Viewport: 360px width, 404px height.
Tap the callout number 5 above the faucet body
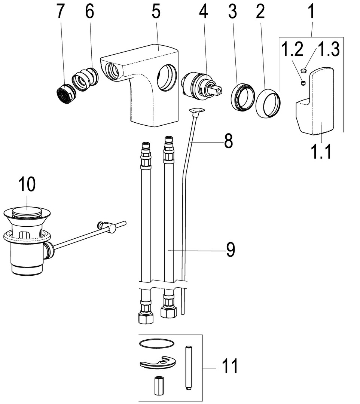pos(156,12)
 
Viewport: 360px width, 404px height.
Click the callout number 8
pos(228,141)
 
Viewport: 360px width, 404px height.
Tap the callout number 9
pos(230,250)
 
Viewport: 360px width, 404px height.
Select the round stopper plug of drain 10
pos(27,212)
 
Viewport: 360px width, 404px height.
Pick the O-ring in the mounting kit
pos(156,343)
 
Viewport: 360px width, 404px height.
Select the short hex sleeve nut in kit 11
pos(157,385)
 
